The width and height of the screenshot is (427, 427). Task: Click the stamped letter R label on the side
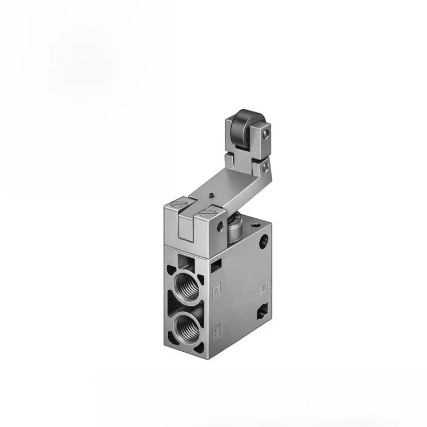263,288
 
